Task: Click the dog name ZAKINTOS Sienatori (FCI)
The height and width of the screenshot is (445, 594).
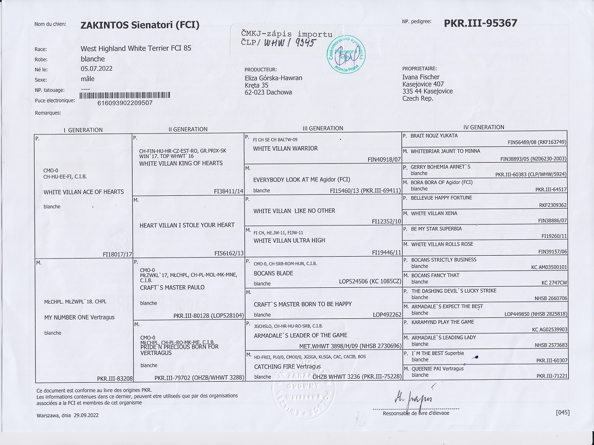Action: (140, 25)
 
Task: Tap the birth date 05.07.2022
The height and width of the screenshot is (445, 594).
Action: (97, 69)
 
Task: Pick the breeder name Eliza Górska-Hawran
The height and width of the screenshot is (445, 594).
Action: (273, 78)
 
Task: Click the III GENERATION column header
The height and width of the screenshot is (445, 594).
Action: (322, 129)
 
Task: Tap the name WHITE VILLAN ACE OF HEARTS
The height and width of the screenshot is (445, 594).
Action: (84, 192)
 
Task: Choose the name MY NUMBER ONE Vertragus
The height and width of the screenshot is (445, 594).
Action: (79, 317)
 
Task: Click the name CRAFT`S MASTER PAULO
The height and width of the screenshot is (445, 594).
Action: (172, 287)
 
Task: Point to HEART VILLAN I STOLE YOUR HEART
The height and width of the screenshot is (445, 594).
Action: (187, 225)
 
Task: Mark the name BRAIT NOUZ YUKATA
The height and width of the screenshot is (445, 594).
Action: (434, 135)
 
